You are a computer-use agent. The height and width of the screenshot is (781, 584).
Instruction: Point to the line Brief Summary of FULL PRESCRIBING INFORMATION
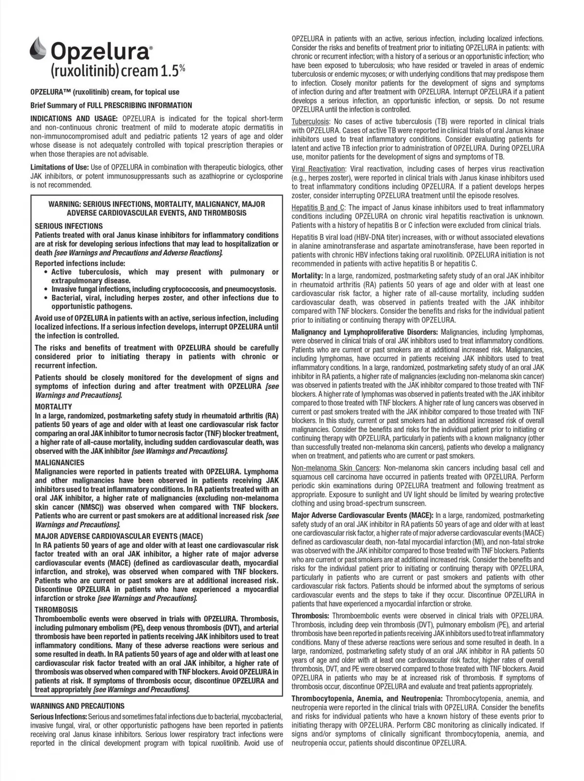[x=111, y=105]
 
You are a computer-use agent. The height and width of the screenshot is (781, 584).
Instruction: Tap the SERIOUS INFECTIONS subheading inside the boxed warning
[x=69, y=226]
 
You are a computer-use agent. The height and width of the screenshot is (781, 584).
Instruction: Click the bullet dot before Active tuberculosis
[x=46, y=272]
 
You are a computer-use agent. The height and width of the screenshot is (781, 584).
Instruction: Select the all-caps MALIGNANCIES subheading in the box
[x=60, y=463]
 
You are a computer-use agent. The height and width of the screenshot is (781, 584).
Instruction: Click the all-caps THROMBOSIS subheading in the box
[x=56, y=610]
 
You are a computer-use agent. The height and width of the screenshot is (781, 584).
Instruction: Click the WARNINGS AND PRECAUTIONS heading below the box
[x=77, y=706]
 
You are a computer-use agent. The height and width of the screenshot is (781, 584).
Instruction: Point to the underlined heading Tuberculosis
[x=310, y=121]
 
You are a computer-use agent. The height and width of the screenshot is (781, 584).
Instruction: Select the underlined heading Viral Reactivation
[x=319, y=169]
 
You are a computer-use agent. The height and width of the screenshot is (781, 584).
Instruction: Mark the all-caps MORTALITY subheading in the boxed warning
[x=54, y=407]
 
